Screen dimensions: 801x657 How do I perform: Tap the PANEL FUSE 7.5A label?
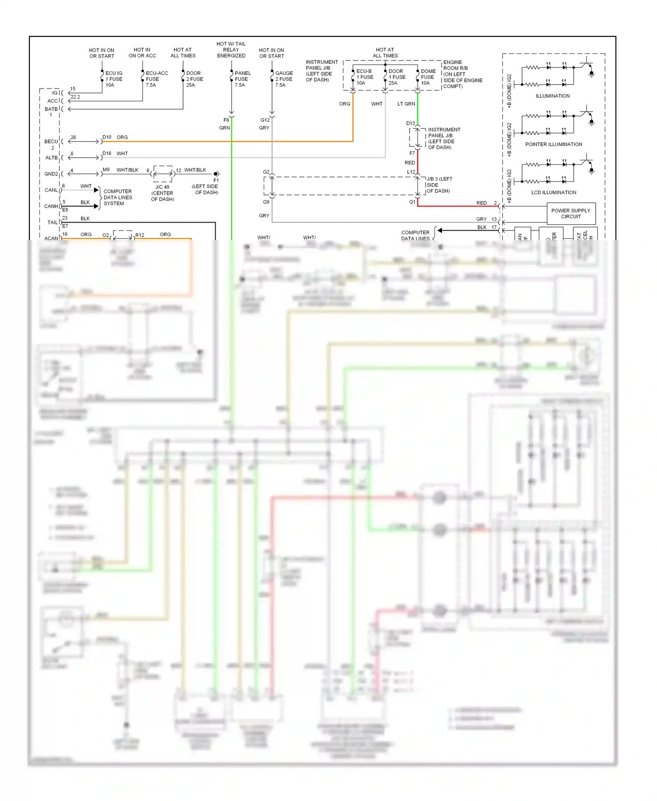(x=242, y=79)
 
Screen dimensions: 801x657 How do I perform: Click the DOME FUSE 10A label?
(x=428, y=77)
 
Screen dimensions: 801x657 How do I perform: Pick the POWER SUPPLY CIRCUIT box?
(x=571, y=213)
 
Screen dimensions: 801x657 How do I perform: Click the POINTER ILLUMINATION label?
(x=554, y=144)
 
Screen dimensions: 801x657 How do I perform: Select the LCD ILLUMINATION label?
(x=554, y=192)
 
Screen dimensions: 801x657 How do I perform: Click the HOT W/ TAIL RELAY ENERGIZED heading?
(x=231, y=50)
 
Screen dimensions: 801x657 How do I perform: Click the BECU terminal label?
(x=51, y=142)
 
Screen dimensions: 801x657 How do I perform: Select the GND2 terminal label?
(x=51, y=174)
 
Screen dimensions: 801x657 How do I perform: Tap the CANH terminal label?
(x=51, y=206)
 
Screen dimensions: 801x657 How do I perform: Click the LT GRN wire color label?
(x=406, y=104)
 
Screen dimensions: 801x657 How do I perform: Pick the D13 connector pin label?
(x=410, y=124)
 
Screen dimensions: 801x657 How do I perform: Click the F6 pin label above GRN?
(x=226, y=120)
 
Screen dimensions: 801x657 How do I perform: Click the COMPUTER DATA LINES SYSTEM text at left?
(x=118, y=198)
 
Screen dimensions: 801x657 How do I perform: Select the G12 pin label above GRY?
(x=265, y=120)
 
